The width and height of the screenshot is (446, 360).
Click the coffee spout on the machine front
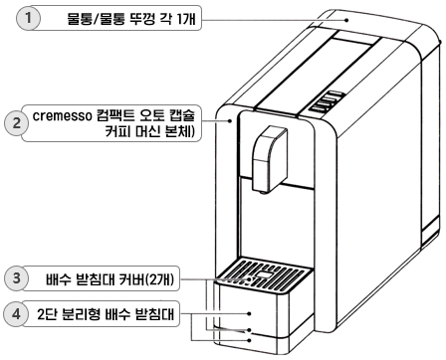point(265,159)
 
